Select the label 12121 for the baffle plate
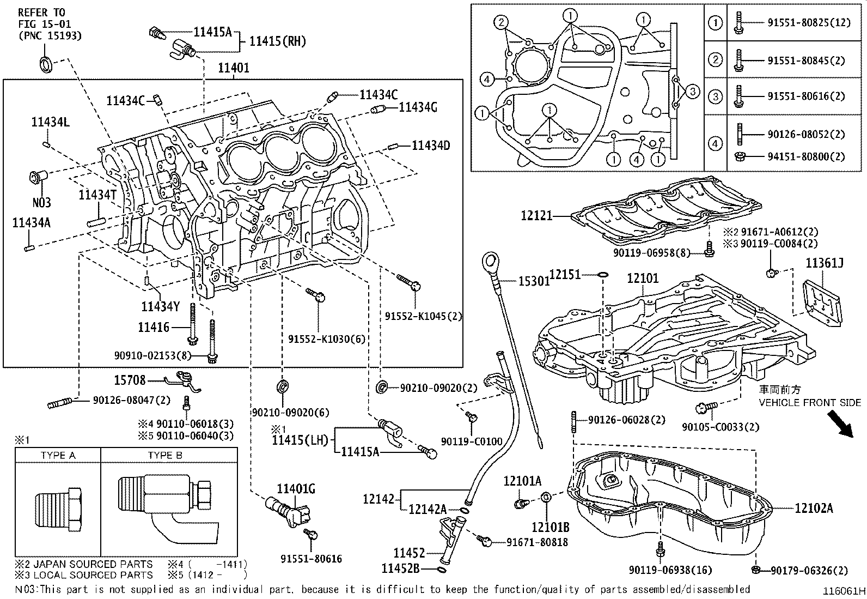pyautogui.click(x=536, y=216)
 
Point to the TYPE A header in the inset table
pyautogui.click(x=58, y=455)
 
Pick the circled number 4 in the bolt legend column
pyautogui.click(x=715, y=144)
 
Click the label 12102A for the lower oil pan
pyautogui.click(x=814, y=508)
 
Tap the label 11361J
pyautogui.click(x=825, y=264)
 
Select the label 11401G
pyautogui.click(x=296, y=489)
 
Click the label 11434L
pyautogui.click(x=50, y=123)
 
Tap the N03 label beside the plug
pyautogui.click(x=41, y=203)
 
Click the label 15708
pyautogui.click(x=131, y=379)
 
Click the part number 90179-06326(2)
pyautogui.click(x=809, y=571)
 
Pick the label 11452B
pyautogui.click(x=400, y=569)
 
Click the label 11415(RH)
pyautogui.click(x=277, y=41)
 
